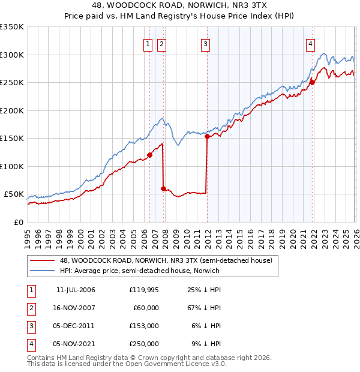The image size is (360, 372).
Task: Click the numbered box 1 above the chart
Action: [x=148, y=43]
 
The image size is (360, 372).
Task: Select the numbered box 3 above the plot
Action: [x=205, y=43]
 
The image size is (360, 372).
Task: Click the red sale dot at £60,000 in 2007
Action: [x=163, y=188]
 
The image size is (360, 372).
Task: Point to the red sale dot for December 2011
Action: [x=207, y=137]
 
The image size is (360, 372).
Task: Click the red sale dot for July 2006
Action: [x=149, y=155]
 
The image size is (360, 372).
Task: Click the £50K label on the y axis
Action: [x=14, y=194]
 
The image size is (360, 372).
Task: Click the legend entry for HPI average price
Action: [x=139, y=271]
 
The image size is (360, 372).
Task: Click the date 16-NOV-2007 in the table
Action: [x=75, y=308]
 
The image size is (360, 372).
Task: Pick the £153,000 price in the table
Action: [x=144, y=326]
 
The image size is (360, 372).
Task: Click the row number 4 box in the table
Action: [x=30, y=344]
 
